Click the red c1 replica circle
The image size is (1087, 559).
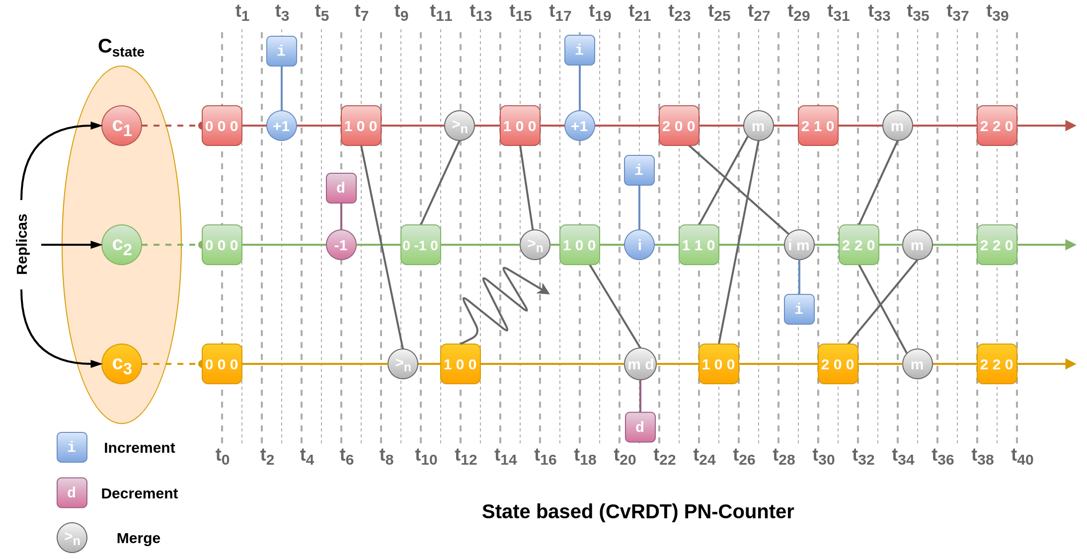(x=122, y=126)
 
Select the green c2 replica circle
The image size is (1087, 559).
(x=122, y=245)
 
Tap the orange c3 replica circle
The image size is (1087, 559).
(x=122, y=364)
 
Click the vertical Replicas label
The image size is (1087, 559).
(x=22, y=244)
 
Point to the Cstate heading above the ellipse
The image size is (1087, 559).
(x=121, y=47)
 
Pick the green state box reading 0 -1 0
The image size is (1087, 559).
(x=420, y=245)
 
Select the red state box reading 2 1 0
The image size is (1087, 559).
(x=818, y=126)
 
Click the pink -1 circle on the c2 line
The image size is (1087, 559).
(x=341, y=245)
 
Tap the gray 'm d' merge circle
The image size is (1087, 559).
(x=640, y=364)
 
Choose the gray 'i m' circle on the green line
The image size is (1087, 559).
(x=799, y=245)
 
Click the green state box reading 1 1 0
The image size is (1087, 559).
(x=699, y=245)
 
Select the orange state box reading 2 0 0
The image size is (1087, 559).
(x=838, y=364)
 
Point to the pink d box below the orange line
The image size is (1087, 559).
(x=640, y=427)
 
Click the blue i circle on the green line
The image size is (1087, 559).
(x=639, y=245)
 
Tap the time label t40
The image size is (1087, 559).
(x=1022, y=457)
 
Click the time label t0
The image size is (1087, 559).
(x=222, y=457)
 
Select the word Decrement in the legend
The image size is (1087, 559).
(x=140, y=493)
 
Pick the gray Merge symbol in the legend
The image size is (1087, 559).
(x=72, y=538)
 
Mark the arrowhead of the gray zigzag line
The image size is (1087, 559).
(x=545, y=290)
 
